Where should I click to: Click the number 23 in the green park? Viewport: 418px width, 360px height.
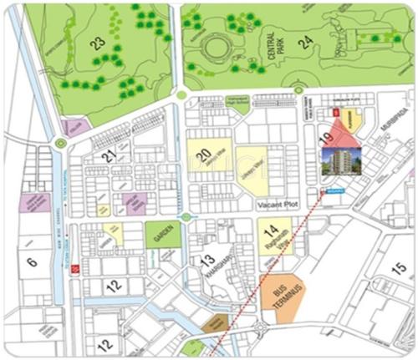point(99,43)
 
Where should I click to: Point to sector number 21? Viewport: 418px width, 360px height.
point(109,155)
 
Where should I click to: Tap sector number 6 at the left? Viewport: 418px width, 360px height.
point(32,262)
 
